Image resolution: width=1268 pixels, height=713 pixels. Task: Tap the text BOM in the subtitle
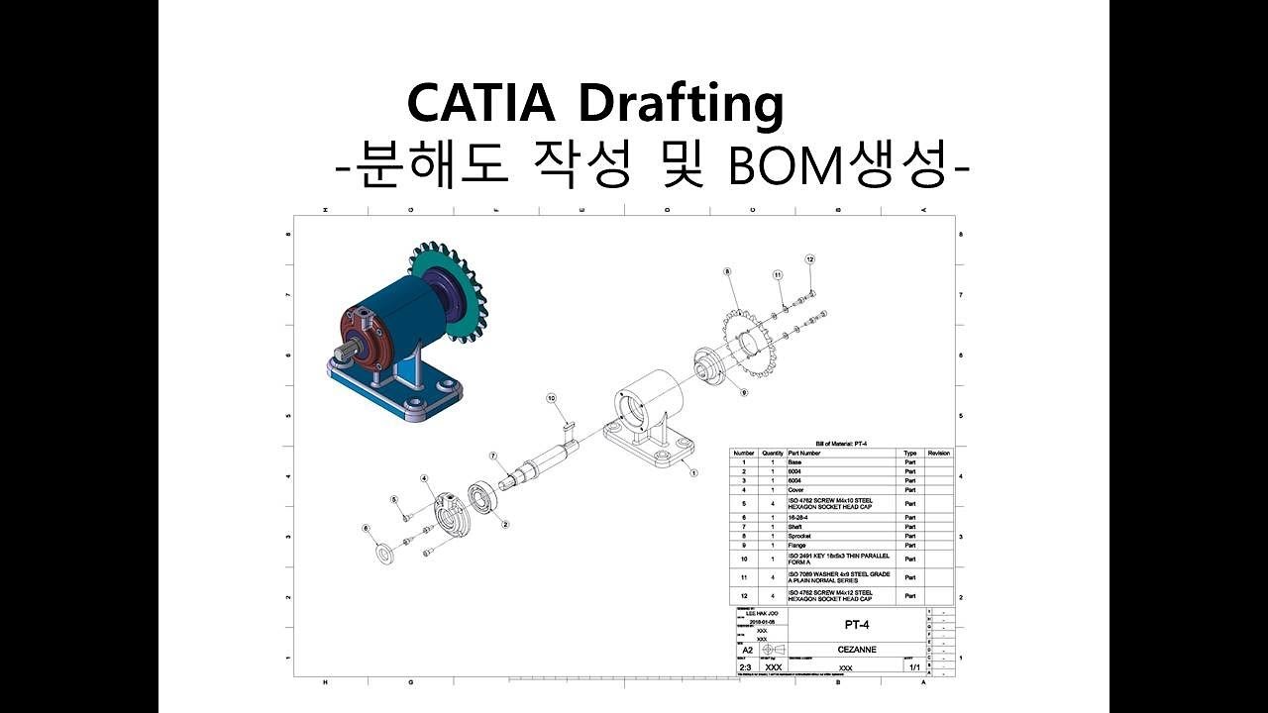782,167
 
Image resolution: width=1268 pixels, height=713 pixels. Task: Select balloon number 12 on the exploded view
809,259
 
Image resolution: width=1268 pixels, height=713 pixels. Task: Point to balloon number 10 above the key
552,398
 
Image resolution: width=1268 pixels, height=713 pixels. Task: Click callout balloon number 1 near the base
693,473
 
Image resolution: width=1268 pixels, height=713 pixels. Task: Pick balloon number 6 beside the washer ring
366,529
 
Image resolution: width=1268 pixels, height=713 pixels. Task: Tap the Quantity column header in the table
773,453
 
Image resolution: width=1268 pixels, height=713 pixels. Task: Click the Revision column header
938,453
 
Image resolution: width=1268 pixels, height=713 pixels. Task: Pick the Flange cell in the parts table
797,545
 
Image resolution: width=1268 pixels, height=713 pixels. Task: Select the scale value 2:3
746,667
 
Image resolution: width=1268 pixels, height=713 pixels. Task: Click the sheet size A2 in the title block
748,651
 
